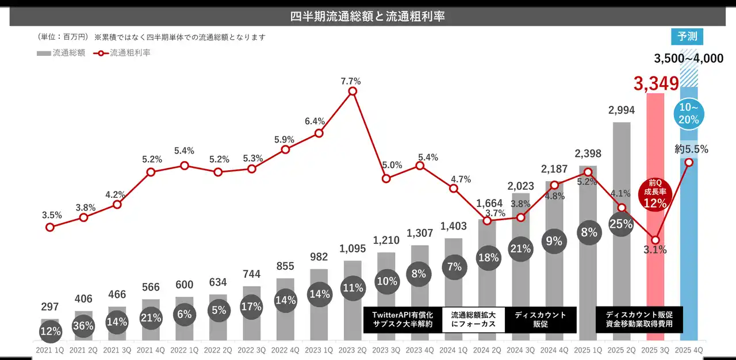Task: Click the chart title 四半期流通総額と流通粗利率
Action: click(x=367, y=16)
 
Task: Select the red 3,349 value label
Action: click(x=656, y=83)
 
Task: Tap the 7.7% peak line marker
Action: click(x=352, y=91)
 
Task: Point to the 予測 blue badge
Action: click(x=687, y=36)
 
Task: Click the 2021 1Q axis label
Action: click(x=50, y=350)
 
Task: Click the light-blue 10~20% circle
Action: click(x=688, y=114)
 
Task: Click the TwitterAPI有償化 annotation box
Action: click(x=402, y=320)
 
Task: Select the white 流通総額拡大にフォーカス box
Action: click(x=473, y=320)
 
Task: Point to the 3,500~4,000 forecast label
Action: click(x=688, y=58)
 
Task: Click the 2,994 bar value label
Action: click(x=621, y=111)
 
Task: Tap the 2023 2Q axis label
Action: click(x=352, y=350)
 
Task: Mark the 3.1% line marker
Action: click(x=655, y=240)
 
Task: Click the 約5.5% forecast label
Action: click(x=691, y=149)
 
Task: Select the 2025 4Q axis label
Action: click(x=688, y=350)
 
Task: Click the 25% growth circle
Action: click(x=621, y=224)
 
